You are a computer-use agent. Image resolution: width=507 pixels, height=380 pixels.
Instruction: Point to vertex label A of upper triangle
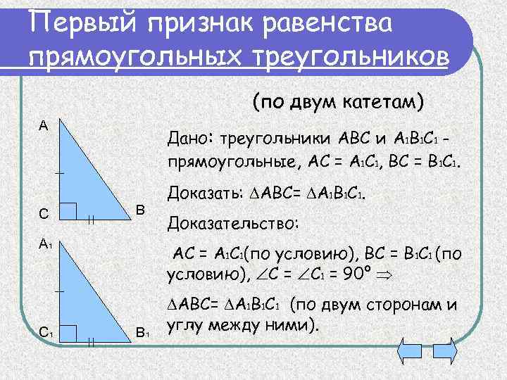pos(44,125)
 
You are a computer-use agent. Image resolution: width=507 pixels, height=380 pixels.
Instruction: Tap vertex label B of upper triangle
pos(139,210)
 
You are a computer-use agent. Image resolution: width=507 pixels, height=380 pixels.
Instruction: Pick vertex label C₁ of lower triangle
pos(45,332)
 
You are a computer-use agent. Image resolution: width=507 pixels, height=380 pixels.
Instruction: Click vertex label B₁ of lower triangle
pos(142,332)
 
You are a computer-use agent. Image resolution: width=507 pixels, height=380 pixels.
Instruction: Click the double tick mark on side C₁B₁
pos(92,342)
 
